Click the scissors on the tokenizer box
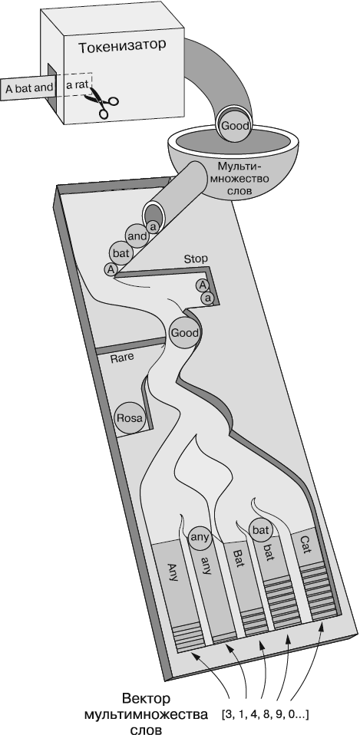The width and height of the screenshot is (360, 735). pos(101,100)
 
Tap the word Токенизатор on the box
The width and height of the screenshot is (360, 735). pos(122,46)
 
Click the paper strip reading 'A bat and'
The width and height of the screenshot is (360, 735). pos(29,87)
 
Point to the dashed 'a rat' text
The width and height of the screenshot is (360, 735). pos(78,85)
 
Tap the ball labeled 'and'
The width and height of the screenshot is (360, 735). pos(137,236)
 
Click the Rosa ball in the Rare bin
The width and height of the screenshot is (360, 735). pos(130,417)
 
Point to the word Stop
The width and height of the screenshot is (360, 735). pos(196,259)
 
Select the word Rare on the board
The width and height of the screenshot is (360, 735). pos(122,358)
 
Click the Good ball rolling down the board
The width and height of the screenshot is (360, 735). pos(185,333)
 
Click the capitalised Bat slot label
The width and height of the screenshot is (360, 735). pos(238,559)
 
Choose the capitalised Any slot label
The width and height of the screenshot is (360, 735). pos(172,572)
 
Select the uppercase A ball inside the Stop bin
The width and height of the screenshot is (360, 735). pos(202,285)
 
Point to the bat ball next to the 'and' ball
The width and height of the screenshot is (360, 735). pos(121,254)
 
